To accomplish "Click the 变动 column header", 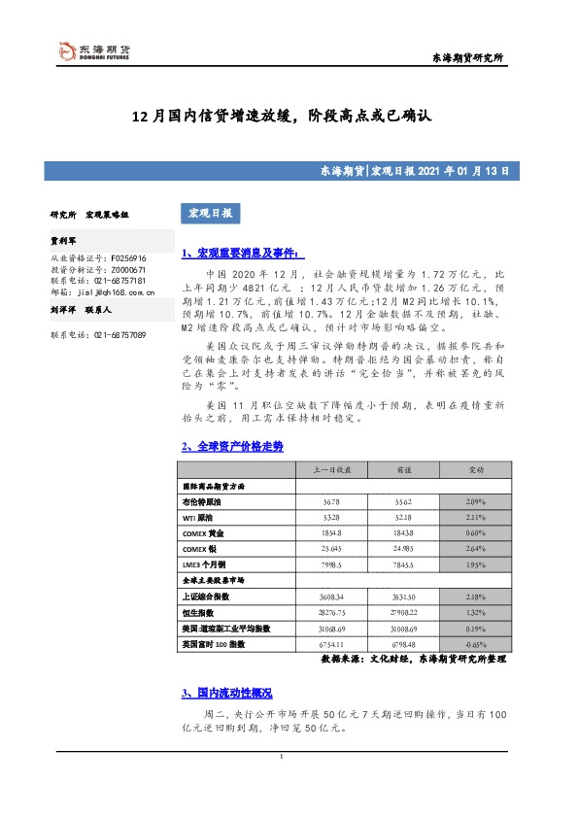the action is click(476, 469).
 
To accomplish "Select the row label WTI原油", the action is click(202, 520).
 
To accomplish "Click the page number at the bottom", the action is click(281, 758).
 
